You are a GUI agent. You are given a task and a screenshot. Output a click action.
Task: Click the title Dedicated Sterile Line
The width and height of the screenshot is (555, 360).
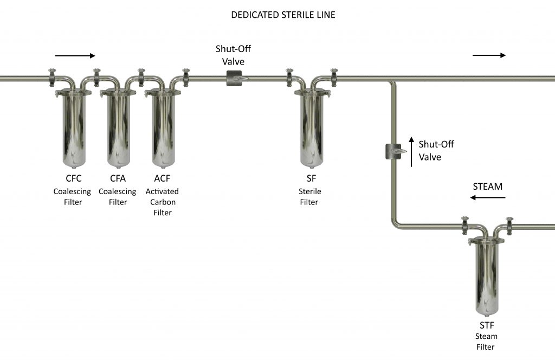click(x=283, y=15)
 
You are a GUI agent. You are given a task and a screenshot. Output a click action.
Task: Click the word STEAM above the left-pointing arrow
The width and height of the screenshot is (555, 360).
click(x=487, y=187)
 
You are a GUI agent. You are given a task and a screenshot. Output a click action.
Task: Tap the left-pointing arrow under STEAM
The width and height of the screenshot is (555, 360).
click(x=487, y=198)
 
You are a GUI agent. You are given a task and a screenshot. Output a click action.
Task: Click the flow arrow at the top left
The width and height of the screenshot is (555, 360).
click(x=75, y=55)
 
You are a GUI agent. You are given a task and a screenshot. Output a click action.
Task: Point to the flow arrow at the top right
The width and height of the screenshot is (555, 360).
click(x=489, y=55)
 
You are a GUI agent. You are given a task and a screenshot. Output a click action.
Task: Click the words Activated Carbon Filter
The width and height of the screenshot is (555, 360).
click(x=162, y=202)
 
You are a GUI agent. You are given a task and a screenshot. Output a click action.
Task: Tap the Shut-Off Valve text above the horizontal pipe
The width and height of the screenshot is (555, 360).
click(x=234, y=55)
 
